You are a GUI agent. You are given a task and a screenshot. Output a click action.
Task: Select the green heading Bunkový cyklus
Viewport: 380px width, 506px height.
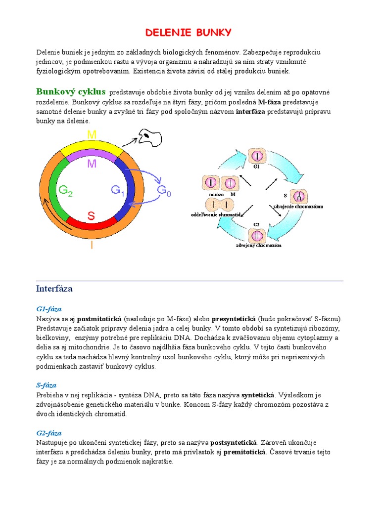pos(71,92)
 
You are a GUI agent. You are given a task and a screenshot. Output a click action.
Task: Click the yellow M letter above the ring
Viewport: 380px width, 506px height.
pos(92,134)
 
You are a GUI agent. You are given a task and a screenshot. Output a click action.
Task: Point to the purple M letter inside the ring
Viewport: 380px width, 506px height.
pos(92,164)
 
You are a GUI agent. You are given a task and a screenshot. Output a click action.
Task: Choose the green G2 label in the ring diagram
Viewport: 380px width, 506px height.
pos(66,191)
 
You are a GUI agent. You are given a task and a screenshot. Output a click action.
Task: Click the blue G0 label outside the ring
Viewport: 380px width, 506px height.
pos(164,191)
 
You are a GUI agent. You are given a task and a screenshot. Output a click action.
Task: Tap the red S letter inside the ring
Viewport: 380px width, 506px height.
pos(92,216)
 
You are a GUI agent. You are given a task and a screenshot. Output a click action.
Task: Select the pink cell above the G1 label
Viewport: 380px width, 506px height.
pos(256,156)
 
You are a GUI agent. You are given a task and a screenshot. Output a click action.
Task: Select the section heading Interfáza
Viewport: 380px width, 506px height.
pos(54,288)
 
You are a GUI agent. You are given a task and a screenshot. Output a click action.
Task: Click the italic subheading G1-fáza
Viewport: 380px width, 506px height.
pos(48,309)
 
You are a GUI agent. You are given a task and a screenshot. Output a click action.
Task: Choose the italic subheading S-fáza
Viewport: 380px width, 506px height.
pos(46,385)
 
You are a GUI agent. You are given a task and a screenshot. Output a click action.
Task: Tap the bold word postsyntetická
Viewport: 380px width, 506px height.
pos(234,442)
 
